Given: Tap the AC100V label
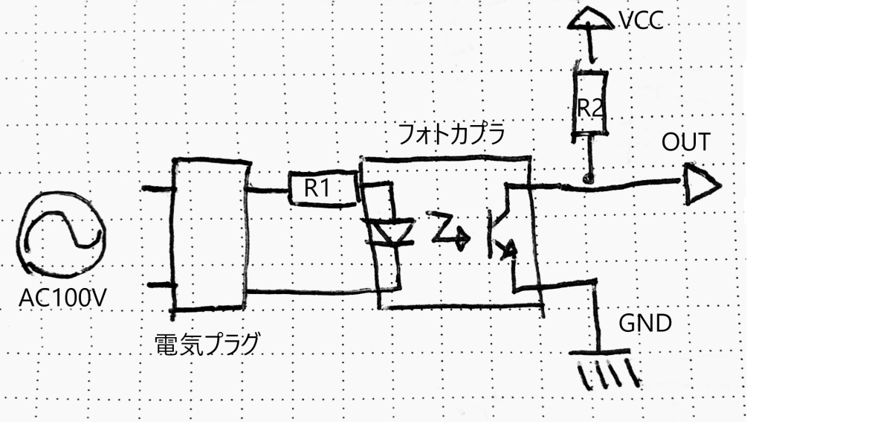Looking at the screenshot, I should coord(62,299).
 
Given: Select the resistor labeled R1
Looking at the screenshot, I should coord(317,189).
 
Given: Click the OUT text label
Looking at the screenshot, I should coord(686,141).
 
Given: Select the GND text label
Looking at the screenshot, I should coord(645,325).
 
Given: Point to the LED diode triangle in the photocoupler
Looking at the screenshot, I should coord(390,231).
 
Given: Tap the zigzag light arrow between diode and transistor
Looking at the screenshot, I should coord(446,229).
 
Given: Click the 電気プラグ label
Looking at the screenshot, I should coord(207,344).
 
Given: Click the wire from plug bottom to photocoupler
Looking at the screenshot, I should coord(312,291).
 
